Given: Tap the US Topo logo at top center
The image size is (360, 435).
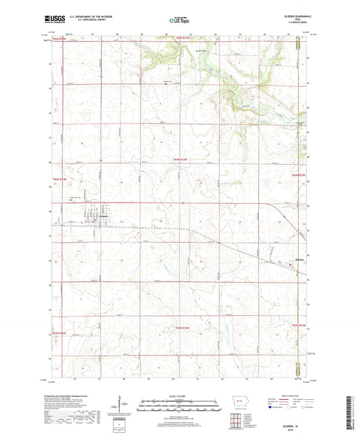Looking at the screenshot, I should (x=179, y=21).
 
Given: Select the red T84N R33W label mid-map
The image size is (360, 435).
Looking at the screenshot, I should (x=178, y=157).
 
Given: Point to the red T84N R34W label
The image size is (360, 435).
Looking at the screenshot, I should (x=61, y=179).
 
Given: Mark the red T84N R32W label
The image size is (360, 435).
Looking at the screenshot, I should (x=299, y=176).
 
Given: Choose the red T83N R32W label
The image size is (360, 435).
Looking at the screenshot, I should (x=299, y=326).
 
